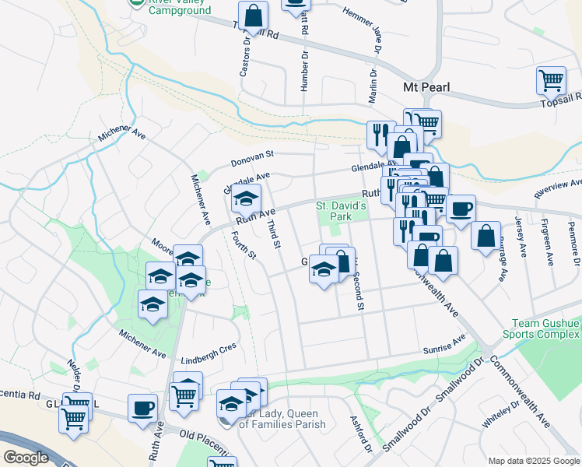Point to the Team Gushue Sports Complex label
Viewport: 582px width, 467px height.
(x=546, y=328)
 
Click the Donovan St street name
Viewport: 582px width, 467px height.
(x=253, y=162)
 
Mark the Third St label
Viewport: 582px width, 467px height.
(x=273, y=233)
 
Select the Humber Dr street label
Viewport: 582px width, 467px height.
(x=305, y=73)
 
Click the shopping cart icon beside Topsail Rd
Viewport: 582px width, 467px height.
(x=551, y=80)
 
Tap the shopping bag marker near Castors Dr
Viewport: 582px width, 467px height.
(x=253, y=15)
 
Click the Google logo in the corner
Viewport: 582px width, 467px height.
(x=26, y=458)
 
